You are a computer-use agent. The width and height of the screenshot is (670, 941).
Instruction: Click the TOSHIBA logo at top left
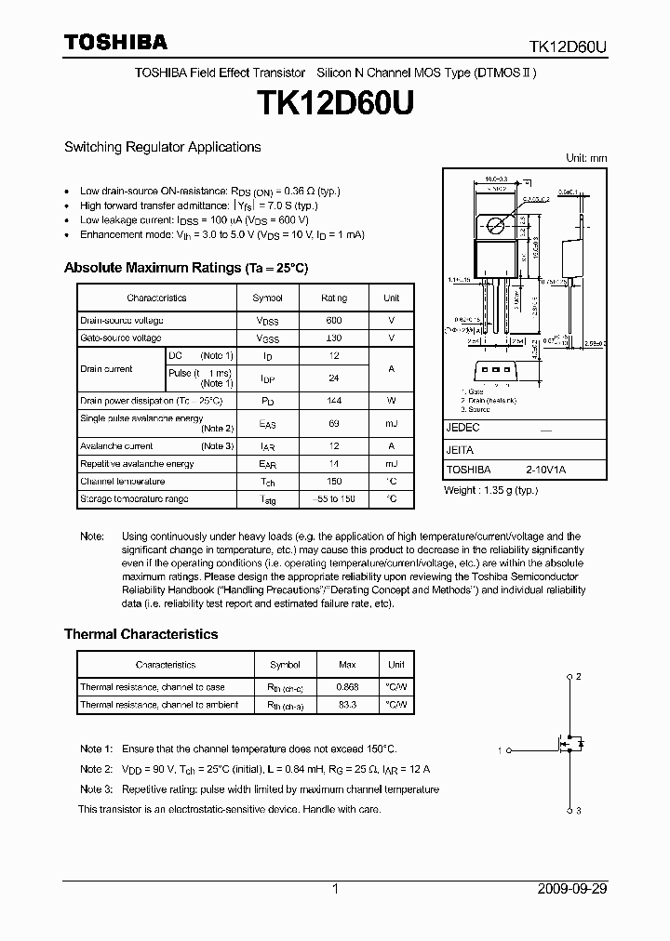115,42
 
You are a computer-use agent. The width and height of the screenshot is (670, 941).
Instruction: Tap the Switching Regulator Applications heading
162,147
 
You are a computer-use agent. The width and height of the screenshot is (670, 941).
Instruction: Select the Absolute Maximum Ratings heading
185,268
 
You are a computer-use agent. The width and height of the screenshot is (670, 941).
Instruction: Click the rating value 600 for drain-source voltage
334,320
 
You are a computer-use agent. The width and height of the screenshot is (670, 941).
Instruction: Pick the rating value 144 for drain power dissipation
334,400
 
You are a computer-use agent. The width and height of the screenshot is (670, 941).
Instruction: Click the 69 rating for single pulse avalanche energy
334,423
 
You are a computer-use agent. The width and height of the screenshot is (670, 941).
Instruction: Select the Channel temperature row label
122,482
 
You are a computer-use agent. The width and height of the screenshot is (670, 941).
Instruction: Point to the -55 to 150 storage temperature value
334,499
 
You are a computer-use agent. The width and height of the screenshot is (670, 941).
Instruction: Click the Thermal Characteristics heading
141,634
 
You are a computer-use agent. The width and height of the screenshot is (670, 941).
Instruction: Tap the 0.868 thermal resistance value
346,687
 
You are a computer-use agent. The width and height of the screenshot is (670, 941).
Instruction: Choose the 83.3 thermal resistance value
346,705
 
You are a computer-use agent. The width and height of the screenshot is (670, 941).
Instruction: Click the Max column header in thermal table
346,665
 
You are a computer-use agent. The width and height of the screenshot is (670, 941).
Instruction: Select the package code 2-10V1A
545,470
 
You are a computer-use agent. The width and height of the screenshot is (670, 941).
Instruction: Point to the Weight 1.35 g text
490,490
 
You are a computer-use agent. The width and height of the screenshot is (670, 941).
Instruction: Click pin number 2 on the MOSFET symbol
578,676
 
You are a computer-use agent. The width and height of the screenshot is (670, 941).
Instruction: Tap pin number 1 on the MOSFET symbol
500,749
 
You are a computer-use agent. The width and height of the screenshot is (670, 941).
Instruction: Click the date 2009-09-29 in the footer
572,889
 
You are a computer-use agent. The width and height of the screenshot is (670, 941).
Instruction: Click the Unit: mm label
586,159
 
